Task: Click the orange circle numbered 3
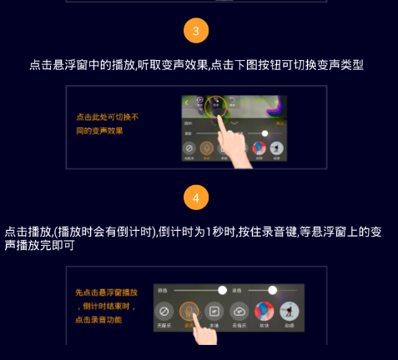click(196, 32)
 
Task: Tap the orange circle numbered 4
click(196, 198)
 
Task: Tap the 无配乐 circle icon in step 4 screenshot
click(164, 313)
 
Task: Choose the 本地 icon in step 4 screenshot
click(214, 313)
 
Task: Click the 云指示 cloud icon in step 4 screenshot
click(239, 313)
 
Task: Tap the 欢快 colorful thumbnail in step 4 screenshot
click(263, 312)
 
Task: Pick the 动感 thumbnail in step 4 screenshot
click(289, 312)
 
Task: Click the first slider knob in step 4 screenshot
click(222, 290)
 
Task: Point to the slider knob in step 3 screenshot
click(264, 133)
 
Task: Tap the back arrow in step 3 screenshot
click(187, 102)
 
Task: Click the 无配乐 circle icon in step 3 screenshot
click(189, 148)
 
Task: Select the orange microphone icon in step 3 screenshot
click(206, 148)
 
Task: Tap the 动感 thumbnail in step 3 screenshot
click(275, 148)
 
